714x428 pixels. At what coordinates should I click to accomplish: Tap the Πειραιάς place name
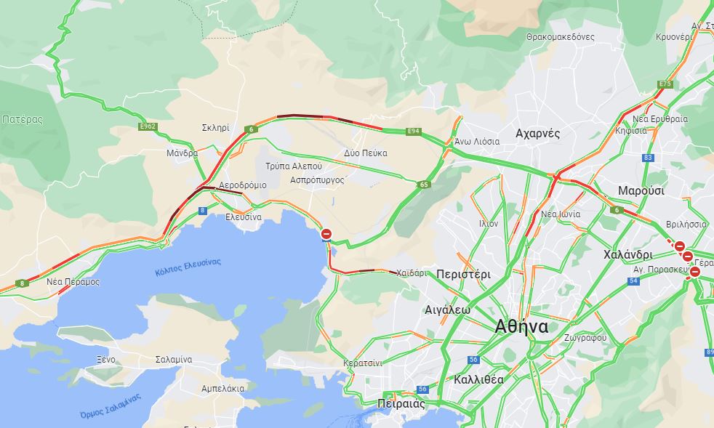click(401, 403)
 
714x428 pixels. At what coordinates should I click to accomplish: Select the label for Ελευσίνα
click(244, 217)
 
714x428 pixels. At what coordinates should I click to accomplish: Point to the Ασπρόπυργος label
click(316, 179)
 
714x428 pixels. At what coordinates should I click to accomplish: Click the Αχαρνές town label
click(537, 133)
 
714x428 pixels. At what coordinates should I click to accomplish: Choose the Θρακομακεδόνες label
click(560, 36)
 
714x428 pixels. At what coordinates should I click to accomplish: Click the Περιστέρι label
click(464, 274)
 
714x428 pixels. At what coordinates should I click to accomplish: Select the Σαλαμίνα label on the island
click(174, 359)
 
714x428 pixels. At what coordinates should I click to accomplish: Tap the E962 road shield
click(148, 126)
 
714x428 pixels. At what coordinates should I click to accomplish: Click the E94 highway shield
click(413, 132)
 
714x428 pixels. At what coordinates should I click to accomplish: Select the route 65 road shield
click(423, 185)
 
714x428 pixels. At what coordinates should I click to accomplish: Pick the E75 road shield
click(665, 84)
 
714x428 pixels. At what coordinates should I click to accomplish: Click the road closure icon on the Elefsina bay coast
click(326, 234)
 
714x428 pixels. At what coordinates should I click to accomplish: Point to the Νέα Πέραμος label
click(73, 281)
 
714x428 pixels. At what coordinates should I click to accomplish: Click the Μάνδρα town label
click(182, 153)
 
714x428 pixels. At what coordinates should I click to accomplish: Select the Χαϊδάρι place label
click(412, 273)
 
